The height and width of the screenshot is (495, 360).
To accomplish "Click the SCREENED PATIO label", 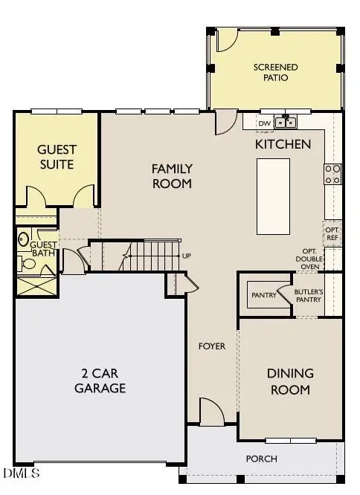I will click(275, 73).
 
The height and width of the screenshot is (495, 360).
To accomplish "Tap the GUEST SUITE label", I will click(57, 156).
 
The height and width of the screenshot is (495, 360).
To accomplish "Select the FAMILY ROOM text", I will click(172, 176).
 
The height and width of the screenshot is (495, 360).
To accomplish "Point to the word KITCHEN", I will click(283, 143).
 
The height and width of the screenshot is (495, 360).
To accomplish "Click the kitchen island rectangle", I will click(273, 196).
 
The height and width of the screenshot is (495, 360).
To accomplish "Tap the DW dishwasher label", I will click(264, 123).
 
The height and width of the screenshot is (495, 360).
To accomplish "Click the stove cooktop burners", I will click(332, 174).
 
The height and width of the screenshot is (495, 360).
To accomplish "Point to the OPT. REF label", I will click(332, 233).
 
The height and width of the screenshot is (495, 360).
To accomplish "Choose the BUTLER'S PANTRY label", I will click(307, 295).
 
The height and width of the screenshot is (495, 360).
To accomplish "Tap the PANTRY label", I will click(263, 295).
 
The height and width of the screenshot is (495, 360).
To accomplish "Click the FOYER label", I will click(211, 346).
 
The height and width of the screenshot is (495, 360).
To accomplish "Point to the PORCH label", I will click(261, 459).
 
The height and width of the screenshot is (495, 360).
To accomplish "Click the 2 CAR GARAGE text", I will click(103, 381).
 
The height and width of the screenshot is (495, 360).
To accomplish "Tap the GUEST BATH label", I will click(43, 248).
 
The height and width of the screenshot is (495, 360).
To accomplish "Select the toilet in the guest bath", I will click(24, 239).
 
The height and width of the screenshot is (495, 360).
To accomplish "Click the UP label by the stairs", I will click(186, 256).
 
